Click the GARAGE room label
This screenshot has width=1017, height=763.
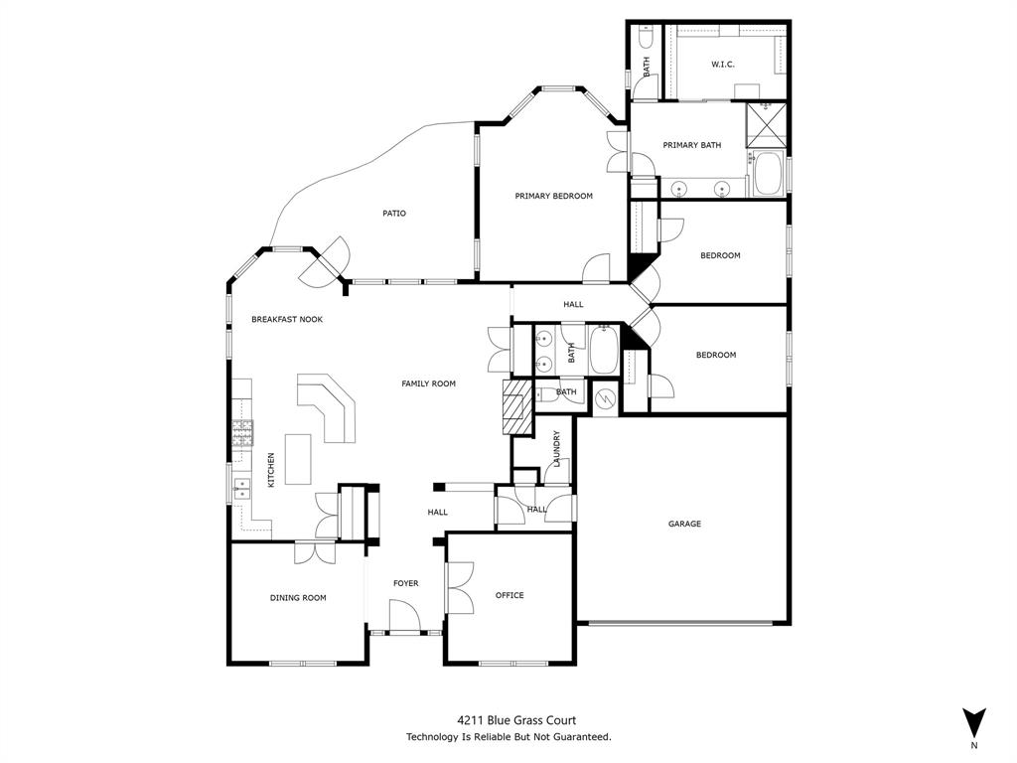click(684, 524)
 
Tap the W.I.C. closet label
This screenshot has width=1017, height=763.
click(722, 65)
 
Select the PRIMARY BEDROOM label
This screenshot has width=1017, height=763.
click(553, 196)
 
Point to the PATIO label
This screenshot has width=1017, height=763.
click(394, 213)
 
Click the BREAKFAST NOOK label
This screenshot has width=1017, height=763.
click(286, 319)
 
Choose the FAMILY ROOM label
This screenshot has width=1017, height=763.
click(428, 383)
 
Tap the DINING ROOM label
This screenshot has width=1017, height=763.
click(298, 597)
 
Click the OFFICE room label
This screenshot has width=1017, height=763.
click(509, 595)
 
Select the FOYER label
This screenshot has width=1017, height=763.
click(405, 583)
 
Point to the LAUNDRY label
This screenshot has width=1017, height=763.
click(557, 448)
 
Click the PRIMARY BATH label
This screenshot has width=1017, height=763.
click(691, 145)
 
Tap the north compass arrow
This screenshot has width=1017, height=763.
click(974, 722)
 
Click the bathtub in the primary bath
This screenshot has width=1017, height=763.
click(767, 176)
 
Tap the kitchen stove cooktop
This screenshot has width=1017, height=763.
click(242, 431)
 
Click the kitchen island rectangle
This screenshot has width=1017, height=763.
click(298, 459)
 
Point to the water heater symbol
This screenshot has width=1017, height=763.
click(605, 397)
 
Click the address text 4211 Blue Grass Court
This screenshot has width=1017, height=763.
click(516, 720)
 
